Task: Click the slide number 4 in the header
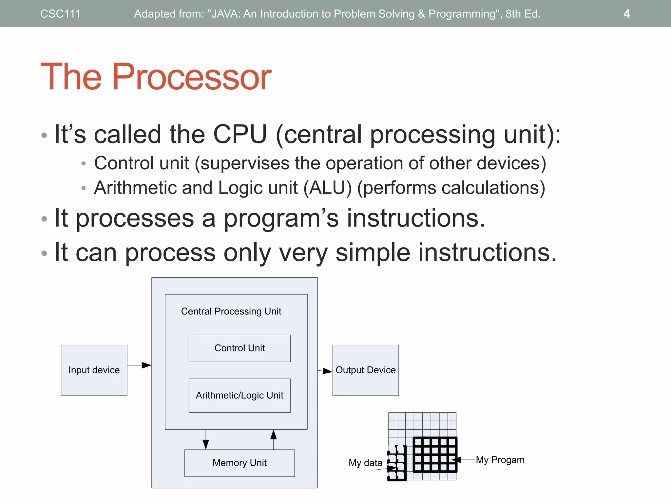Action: point(626,14)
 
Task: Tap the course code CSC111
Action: point(60,14)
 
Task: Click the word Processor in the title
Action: point(192,77)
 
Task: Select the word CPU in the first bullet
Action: point(240,134)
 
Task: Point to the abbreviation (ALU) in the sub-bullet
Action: point(327,188)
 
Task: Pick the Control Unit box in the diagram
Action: point(240,348)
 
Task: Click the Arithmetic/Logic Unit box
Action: point(240,395)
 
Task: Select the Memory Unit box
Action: point(240,463)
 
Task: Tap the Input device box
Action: point(94,370)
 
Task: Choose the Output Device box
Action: point(366,370)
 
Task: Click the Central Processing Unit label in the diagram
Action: point(231,311)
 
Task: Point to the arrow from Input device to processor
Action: point(139,365)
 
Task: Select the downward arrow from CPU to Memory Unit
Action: point(206,440)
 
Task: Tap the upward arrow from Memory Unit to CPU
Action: point(274,439)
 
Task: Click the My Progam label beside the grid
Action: point(500,460)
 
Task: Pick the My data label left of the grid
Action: point(365,463)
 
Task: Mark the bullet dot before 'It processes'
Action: point(44,219)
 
